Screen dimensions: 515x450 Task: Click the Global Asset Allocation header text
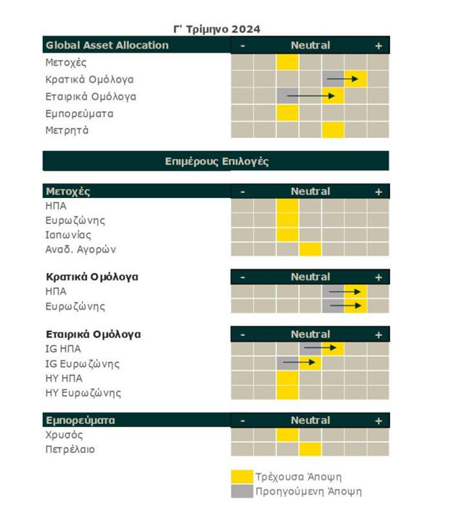point(107,46)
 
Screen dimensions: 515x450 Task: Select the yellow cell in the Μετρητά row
point(333,131)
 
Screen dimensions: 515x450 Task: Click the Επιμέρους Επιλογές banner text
point(216,161)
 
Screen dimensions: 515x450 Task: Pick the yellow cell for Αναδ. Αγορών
point(310,249)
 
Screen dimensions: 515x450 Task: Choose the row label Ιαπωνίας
point(69,235)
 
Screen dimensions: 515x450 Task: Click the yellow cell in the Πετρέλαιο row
point(310,449)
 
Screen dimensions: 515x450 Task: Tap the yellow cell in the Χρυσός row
point(287,435)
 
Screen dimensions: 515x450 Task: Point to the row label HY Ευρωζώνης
point(83,393)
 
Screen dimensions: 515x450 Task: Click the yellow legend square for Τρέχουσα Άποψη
point(242,477)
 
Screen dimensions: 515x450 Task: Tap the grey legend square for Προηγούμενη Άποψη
point(242,492)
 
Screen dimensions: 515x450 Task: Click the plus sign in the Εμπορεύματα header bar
point(378,420)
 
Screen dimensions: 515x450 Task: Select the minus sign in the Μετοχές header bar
point(242,192)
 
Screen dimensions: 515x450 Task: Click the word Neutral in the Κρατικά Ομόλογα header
point(310,277)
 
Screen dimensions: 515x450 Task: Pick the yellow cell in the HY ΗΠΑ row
point(287,378)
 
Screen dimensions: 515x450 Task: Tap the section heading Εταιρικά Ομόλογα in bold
point(93,334)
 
